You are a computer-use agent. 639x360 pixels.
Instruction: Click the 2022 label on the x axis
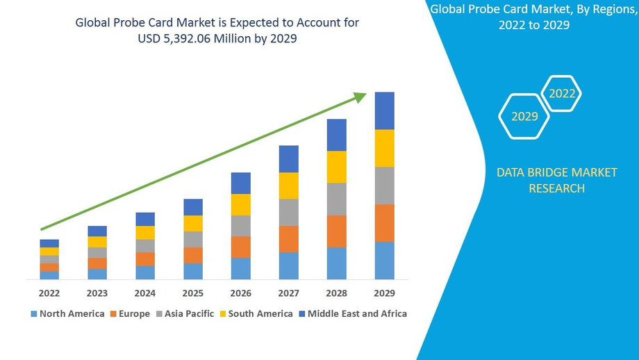[x=49, y=293]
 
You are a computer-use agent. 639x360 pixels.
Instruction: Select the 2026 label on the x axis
[x=241, y=293]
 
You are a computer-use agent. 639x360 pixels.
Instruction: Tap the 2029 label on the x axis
[x=384, y=293]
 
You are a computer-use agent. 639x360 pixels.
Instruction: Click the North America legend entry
[x=67, y=313]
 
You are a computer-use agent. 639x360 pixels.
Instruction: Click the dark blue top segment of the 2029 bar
[x=384, y=111]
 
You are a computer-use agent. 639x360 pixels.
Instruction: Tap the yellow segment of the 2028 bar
[x=337, y=167]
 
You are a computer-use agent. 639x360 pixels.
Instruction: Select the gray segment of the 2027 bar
[x=289, y=212]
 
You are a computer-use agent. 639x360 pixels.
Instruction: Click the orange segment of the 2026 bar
[x=241, y=247]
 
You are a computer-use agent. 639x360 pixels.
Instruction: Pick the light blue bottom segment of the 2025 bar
[x=193, y=271]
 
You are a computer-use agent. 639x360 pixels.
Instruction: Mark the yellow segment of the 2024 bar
[x=145, y=233]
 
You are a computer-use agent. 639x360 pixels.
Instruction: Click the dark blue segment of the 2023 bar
[x=97, y=231]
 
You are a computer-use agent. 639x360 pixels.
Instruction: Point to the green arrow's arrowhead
[x=359, y=98]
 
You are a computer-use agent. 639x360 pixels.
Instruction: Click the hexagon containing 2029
[x=524, y=116]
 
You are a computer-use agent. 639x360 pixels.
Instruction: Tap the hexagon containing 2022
[x=562, y=93]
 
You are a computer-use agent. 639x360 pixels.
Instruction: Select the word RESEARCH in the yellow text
[x=556, y=188]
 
